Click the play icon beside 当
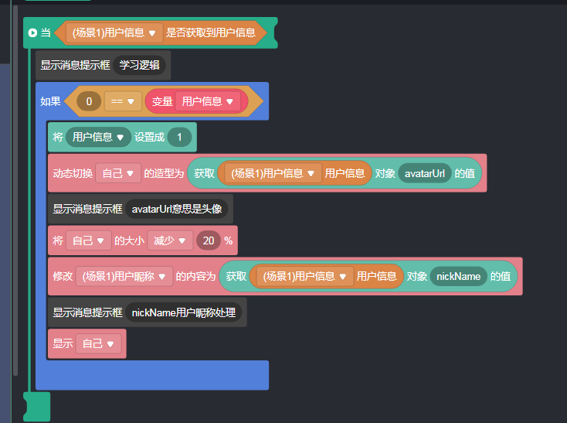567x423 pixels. pyautogui.click(x=32, y=33)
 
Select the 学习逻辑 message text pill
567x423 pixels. pyautogui.click(x=139, y=65)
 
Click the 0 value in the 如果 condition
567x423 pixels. pyautogui.click(x=89, y=101)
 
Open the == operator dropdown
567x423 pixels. pyautogui.click(x=123, y=101)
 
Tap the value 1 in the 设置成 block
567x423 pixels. pyautogui.click(x=179, y=137)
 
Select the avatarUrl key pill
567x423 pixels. pyautogui.click(x=425, y=173)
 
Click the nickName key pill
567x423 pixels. pyautogui.click(x=459, y=276)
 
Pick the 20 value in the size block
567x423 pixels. pyautogui.click(x=209, y=240)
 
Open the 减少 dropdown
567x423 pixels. pyautogui.click(x=170, y=240)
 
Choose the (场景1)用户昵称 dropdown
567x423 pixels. pyautogui.click(x=124, y=276)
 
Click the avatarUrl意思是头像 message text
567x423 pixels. pyautogui.click(x=177, y=209)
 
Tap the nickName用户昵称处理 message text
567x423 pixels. pyautogui.click(x=184, y=312)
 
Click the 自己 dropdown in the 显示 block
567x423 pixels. pyautogui.click(x=98, y=343)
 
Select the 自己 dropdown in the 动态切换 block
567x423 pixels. pyautogui.click(x=118, y=173)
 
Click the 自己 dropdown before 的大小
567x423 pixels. pyautogui.click(x=88, y=240)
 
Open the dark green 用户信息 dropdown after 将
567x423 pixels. pyautogui.click(x=98, y=137)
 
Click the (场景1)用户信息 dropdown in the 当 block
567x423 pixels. pyautogui.click(x=114, y=33)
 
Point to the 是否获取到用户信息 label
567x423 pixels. pyautogui.click(x=211, y=33)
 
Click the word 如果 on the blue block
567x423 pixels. pyautogui.click(x=50, y=101)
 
